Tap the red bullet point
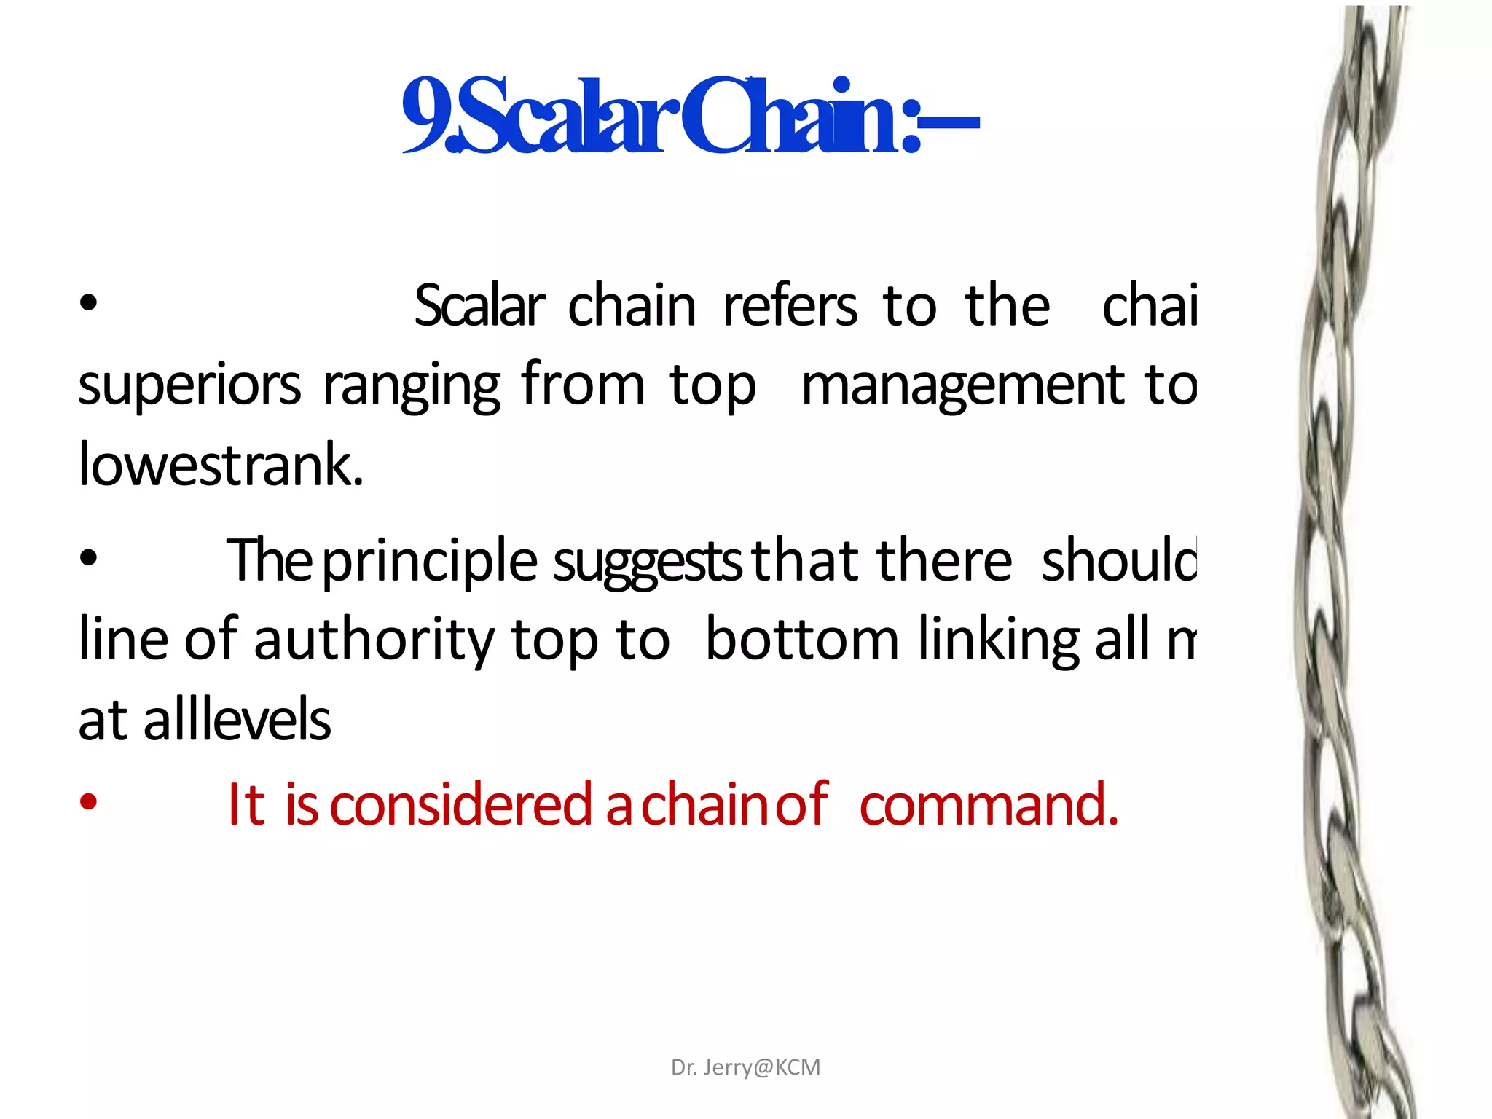point(88,802)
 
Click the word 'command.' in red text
point(989,805)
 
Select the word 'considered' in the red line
point(461,805)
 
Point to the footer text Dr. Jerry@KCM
point(745,1067)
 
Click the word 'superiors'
point(189,386)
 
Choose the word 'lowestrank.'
point(220,465)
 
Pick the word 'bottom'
point(802,640)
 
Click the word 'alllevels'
point(237,720)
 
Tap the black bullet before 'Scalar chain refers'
point(88,303)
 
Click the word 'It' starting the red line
point(246,805)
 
